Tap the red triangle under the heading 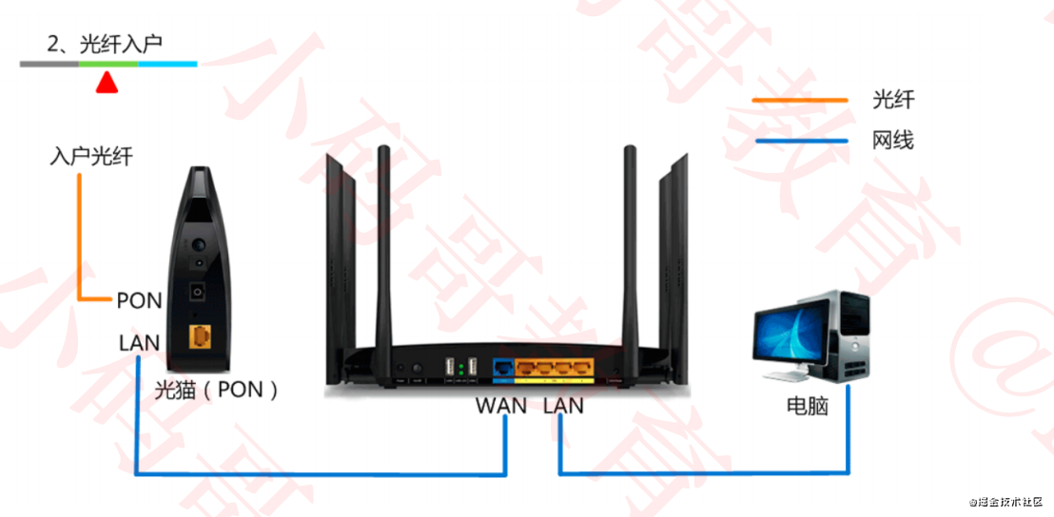coord(107,84)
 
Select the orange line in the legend coord(799,99)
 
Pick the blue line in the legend coord(799,142)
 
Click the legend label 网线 coord(892,142)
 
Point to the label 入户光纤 coord(90,157)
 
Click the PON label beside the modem coord(139,300)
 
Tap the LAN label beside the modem coord(139,341)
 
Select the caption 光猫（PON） coord(216,389)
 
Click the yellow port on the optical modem coord(200,336)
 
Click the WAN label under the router coord(501,406)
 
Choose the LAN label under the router coord(564,406)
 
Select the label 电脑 coord(807,406)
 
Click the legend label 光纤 coord(892,99)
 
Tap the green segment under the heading coord(108,64)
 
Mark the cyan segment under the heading coord(168,64)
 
